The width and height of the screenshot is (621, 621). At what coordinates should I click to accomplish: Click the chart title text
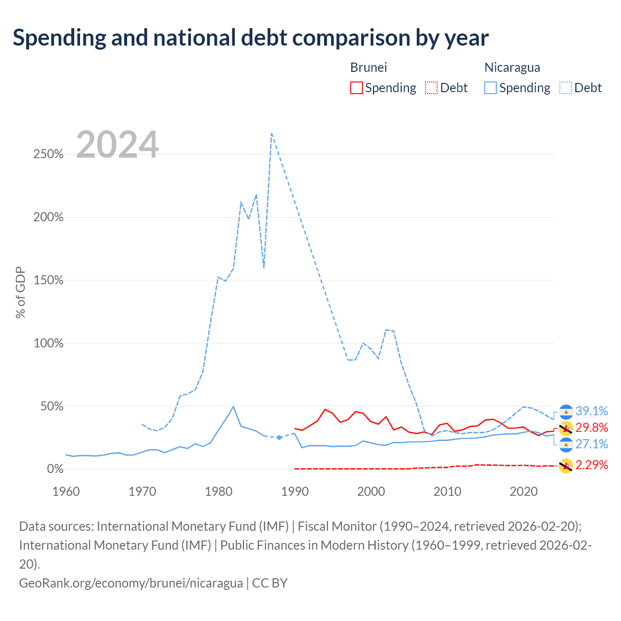(250, 38)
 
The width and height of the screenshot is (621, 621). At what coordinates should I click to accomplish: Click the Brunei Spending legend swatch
(356, 88)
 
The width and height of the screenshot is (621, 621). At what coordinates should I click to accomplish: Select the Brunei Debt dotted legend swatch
(431, 88)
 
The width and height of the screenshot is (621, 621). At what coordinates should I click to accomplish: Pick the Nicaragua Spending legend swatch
(490, 88)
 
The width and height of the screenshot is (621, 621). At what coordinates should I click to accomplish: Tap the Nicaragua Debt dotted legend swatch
(565, 88)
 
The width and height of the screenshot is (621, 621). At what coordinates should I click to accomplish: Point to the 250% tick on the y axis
(49, 154)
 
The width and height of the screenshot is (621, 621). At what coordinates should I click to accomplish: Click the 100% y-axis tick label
(49, 343)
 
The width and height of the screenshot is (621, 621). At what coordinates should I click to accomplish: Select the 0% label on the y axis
(55, 469)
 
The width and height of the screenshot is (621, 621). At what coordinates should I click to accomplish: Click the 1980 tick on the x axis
(218, 491)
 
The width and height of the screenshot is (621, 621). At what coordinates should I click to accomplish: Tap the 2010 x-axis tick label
(447, 491)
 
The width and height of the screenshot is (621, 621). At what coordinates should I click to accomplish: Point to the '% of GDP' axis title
(20, 293)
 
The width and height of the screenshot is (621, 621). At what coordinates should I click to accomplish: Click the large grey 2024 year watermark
(117, 145)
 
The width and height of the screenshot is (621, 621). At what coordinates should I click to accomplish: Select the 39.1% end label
(592, 411)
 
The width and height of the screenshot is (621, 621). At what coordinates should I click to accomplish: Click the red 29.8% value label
(592, 427)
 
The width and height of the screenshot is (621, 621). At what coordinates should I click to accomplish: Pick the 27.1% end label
(592, 444)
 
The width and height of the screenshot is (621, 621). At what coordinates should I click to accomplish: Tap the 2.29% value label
(592, 465)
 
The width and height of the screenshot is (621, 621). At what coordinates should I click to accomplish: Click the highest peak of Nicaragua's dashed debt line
(272, 133)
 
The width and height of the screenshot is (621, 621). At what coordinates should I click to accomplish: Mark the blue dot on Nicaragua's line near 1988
(279, 437)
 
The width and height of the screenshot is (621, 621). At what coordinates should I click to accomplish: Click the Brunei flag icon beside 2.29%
(566, 466)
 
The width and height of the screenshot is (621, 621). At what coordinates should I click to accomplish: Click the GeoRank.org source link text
(131, 583)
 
